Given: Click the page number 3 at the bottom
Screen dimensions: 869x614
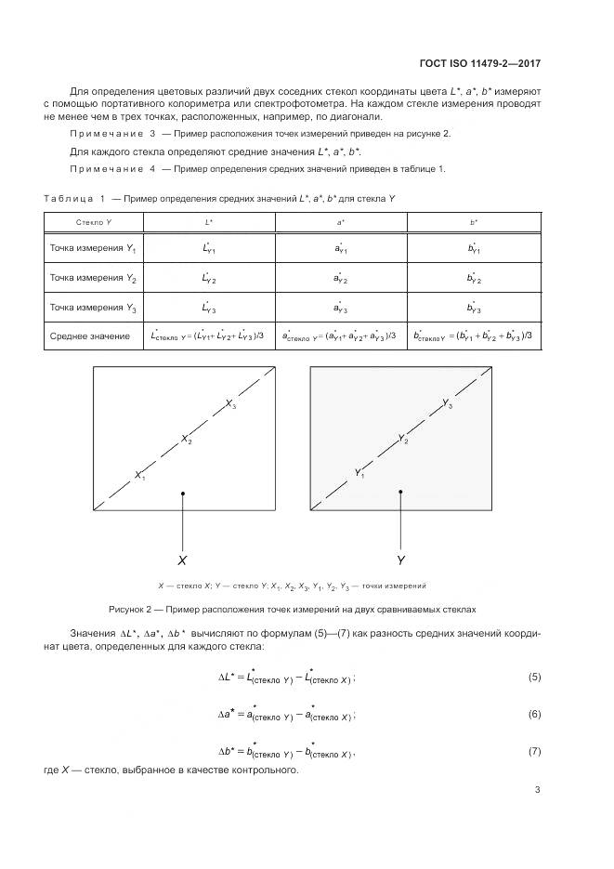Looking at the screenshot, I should pyautogui.click(x=538, y=790).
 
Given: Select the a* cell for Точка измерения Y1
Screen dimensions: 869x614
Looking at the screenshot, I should pyautogui.click(x=341, y=249).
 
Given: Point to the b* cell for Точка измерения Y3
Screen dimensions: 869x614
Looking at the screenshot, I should pyautogui.click(x=474, y=307).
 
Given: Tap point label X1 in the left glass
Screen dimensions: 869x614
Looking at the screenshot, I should pyautogui.click(x=140, y=476).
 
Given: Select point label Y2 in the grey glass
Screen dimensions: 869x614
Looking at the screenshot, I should pyautogui.click(x=403, y=439).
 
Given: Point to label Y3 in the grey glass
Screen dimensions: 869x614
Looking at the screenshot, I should pyautogui.click(x=448, y=404).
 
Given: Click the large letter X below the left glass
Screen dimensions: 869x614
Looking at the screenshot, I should pyautogui.click(x=182, y=560).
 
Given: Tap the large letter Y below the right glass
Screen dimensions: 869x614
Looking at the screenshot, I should pyautogui.click(x=401, y=560).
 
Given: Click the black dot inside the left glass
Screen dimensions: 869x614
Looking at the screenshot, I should pyautogui.click(x=183, y=494).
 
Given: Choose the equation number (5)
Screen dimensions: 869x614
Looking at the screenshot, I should pyautogui.click(x=534, y=677).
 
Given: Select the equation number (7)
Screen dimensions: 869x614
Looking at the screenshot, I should pyautogui.click(x=534, y=750).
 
